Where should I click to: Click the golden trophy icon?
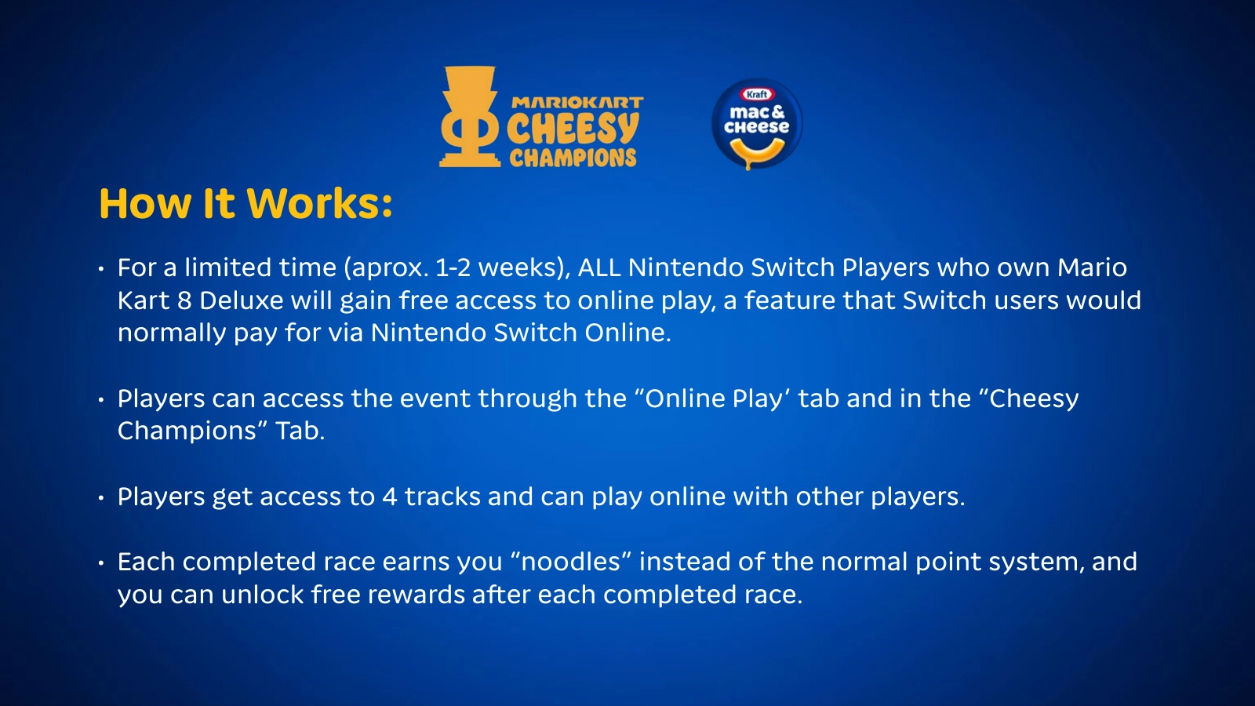coord(470,117)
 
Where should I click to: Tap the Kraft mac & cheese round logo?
coord(756,124)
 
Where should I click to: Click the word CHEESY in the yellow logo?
coord(573,129)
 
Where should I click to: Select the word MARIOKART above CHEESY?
coord(577,103)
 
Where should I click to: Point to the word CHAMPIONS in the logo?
coord(573,158)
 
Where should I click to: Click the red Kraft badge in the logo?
coord(757,94)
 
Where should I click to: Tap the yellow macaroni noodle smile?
coord(757,152)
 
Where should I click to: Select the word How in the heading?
coord(144,203)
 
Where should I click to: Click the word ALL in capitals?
coord(599,267)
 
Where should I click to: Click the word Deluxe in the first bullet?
coord(242,301)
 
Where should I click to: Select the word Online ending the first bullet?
coord(627,333)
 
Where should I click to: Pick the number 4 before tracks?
coord(390,497)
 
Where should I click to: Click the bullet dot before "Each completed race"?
coord(101,563)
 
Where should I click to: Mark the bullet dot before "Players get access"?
coord(101,497)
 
